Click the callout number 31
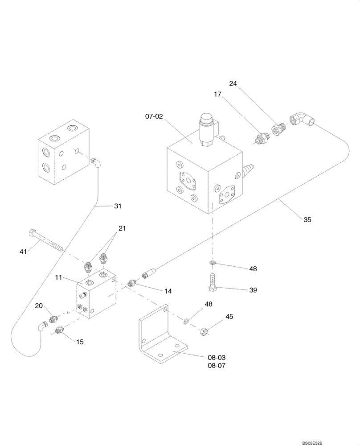pos(118,206)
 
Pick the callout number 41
pos(24,252)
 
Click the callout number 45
pos(229,317)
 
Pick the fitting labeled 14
pos(131,283)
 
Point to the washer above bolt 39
pos(213,264)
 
